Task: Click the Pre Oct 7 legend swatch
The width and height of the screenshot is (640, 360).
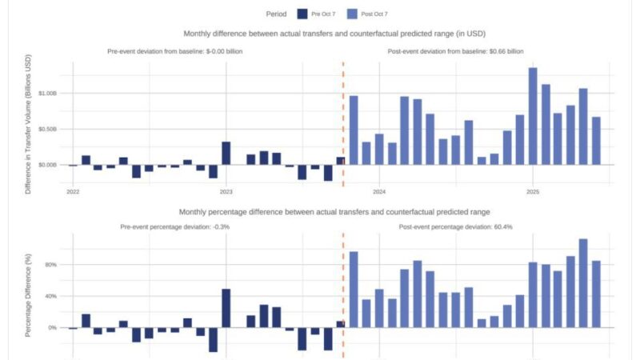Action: click(x=302, y=14)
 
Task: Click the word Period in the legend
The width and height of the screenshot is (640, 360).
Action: click(x=277, y=14)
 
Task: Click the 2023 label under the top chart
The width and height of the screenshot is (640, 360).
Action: click(x=226, y=192)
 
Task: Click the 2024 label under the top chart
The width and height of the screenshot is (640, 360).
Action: click(x=379, y=192)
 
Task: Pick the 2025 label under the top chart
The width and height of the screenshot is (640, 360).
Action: click(x=532, y=192)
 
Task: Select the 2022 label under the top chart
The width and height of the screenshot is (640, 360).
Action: click(x=73, y=192)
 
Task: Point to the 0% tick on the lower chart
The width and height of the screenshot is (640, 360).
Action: click(x=51, y=328)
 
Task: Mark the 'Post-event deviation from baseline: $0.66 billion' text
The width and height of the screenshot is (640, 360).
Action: click(x=455, y=51)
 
